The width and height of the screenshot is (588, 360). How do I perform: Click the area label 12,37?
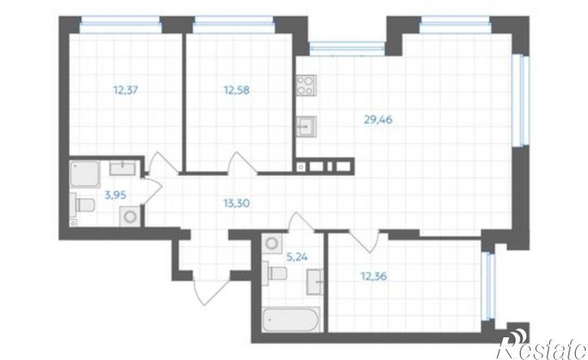[126, 90]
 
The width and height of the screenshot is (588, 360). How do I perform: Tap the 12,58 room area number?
[237, 90]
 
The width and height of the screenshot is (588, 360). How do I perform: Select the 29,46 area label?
[378, 120]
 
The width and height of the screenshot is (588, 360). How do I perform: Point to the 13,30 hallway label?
[237, 204]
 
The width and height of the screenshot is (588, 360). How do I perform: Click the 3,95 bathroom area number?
[115, 195]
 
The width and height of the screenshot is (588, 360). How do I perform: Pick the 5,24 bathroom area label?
[297, 257]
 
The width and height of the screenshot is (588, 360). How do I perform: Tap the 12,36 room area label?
[374, 276]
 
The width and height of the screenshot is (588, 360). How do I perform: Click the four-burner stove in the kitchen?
[306, 85]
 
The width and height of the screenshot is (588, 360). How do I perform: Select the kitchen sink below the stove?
[306, 126]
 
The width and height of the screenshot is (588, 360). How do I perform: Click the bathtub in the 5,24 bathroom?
[291, 319]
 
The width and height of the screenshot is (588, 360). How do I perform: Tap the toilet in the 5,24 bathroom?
[274, 272]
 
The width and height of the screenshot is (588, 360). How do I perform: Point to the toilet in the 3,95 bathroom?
[82, 205]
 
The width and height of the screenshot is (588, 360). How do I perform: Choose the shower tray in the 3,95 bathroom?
[84, 174]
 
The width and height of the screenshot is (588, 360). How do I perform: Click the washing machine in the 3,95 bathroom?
[130, 216]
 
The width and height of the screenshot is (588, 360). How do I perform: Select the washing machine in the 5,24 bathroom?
[272, 243]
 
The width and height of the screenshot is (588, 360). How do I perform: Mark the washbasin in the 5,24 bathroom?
[315, 282]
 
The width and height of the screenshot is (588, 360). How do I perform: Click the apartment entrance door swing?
[211, 292]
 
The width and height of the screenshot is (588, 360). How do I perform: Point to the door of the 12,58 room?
[243, 164]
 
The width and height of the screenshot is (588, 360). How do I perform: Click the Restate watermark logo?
[542, 345]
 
